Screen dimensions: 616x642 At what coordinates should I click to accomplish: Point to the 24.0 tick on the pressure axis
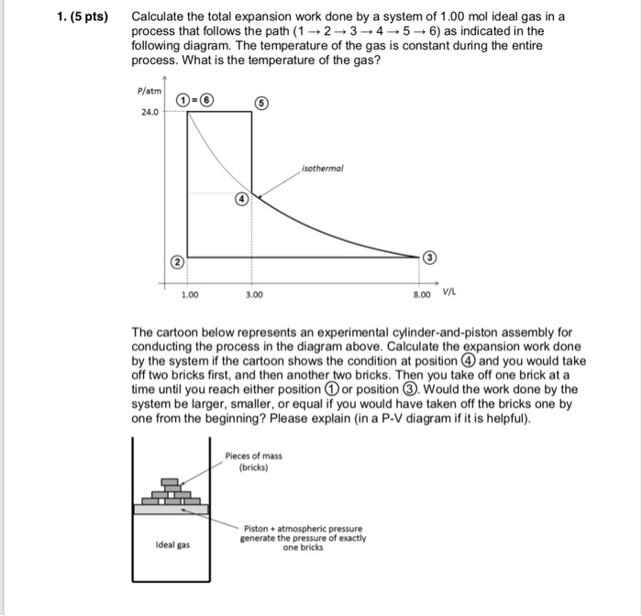tap(149, 113)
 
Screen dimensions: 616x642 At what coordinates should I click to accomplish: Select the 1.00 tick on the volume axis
tap(189, 295)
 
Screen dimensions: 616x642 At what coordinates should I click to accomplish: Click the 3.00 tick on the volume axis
tap(254, 295)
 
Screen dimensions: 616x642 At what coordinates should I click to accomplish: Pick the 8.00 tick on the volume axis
tap(422, 295)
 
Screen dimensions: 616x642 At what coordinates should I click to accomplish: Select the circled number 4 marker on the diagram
tap(241, 198)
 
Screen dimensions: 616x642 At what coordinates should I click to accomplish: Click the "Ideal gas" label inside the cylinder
tap(172, 544)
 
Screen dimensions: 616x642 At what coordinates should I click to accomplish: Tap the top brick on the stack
tap(170, 481)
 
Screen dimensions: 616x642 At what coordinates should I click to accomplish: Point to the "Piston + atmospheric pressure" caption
tap(303, 529)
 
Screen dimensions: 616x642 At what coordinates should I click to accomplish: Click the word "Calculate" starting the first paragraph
tap(160, 17)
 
